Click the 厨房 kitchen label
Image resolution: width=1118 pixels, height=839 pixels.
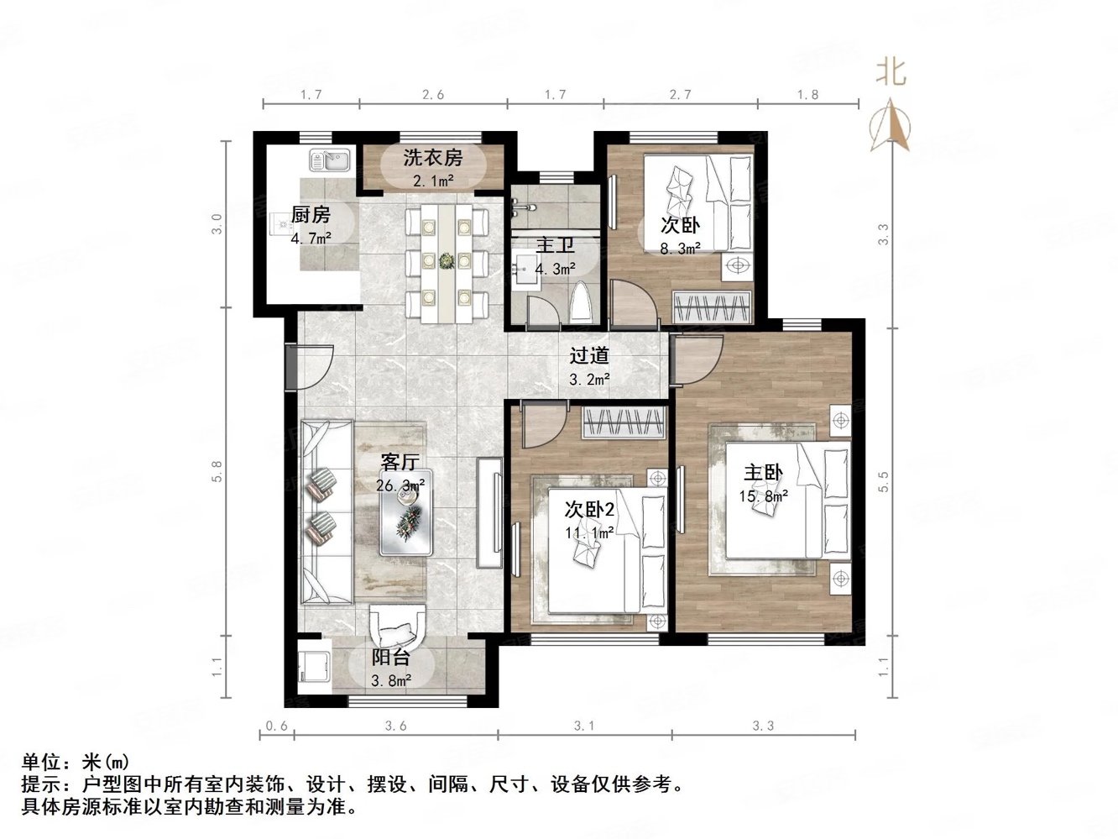(x=310, y=215)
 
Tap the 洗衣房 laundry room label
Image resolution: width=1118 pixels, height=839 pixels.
(x=432, y=157)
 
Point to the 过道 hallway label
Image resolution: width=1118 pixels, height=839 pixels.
(x=589, y=356)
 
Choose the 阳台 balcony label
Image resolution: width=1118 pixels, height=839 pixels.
(x=391, y=658)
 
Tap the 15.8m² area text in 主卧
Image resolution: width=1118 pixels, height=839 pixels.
(x=762, y=496)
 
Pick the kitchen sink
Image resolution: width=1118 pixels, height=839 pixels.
(x=328, y=159)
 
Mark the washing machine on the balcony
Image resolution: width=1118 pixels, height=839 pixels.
(x=312, y=669)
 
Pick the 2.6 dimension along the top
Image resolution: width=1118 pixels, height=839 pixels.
(x=432, y=95)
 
